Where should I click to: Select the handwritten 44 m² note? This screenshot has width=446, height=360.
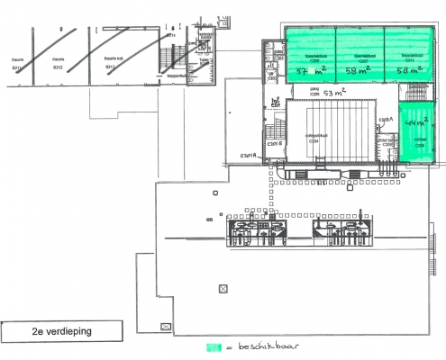click(416, 119)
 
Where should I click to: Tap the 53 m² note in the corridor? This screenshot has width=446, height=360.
click(334, 93)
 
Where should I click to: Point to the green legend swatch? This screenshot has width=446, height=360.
click(213, 346)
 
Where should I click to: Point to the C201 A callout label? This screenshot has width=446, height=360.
click(248, 157)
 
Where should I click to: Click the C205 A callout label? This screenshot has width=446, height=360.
click(386, 121)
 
